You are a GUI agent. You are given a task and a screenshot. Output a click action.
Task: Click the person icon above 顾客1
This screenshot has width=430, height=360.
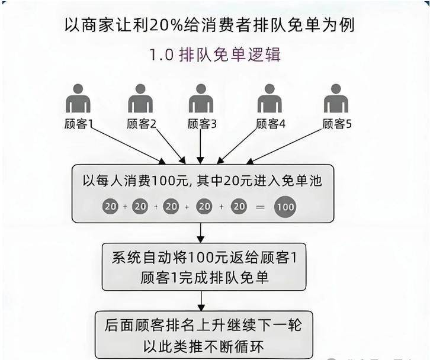coord(78,99)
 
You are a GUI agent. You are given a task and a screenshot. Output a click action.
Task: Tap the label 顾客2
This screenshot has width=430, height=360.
coord(141,124)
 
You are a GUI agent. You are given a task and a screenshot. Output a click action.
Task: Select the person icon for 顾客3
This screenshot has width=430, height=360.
coord(201,99)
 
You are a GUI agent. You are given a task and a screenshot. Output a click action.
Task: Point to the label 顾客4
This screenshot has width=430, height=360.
coord(271,124)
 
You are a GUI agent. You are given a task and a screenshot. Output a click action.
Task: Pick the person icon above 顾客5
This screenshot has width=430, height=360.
coord(336,99)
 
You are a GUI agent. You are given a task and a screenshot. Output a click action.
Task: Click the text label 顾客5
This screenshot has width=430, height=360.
coord(337,124)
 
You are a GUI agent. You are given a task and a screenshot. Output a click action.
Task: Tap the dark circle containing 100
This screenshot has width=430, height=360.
coord(285,207)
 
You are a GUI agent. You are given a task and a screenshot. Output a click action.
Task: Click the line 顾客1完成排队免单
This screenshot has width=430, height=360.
coord(205,277)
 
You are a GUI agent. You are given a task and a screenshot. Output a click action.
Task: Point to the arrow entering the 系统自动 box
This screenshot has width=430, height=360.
coord(201,232)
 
